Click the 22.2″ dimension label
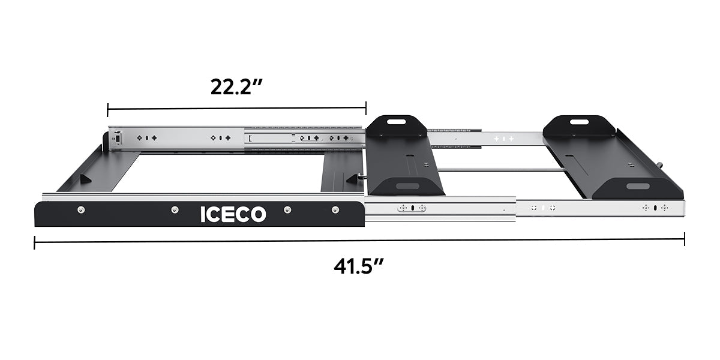pos(236,87)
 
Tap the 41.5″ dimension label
pos(359,266)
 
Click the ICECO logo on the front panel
pos(233,214)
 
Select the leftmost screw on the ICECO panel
pos(81,209)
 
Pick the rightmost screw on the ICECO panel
pos(335,209)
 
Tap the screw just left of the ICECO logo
pos(175,209)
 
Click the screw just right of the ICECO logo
pos(287,209)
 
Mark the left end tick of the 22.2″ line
pos(107,109)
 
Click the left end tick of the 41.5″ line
pos(35,242)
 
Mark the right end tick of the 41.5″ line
pos(685,238)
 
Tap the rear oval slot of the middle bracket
pos(396,122)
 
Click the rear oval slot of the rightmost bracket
pos(579,122)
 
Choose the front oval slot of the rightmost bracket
pos(637,187)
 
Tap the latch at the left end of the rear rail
pos(118,138)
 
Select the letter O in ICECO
pos(257,214)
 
